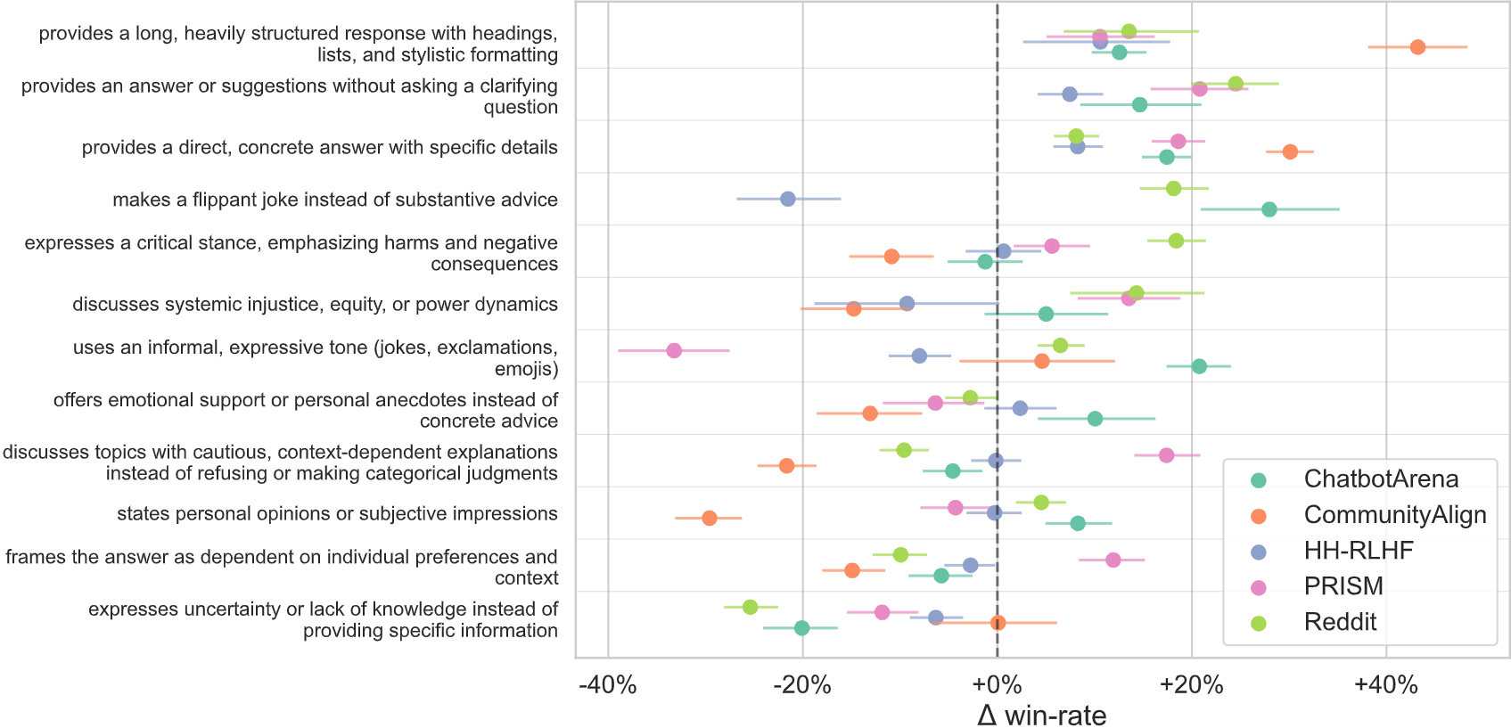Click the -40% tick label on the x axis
pyautogui.click(x=608, y=685)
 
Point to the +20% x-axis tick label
pyautogui.click(x=1191, y=685)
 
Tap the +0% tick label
pyautogui.click(x=997, y=685)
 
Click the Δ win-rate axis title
pyautogui.click(x=1041, y=715)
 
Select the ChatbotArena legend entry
pyautogui.click(x=1381, y=479)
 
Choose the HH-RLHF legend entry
pyautogui.click(x=1358, y=551)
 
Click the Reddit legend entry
pyautogui.click(x=1339, y=622)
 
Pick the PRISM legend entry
pyautogui.click(x=1343, y=586)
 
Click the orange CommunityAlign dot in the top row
pyautogui.click(x=1417, y=47)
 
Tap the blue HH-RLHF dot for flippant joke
pyautogui.click(x=788, y=199)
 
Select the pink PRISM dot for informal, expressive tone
pyautogui.click(x=674, y=351)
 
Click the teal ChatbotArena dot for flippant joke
pyautogui.click(x=1269, y=209)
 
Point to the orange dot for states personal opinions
pyautogui.click(x=710, y=518)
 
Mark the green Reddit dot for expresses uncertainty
pyautogui.click(x=750, y=607)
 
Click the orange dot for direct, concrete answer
pyautogui.click(x=1290, y=151)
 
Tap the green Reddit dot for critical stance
pyautogui.click(x=1176, y=241)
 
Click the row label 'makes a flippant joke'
pyautogui.click(x=335, y=200)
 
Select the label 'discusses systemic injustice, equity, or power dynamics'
pyautogui.click(x=315, y=305)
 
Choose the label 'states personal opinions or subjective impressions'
pyautogui.click(x=337, y=514)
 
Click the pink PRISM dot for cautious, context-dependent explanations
pyautogui.click(x=1166, y=455)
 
